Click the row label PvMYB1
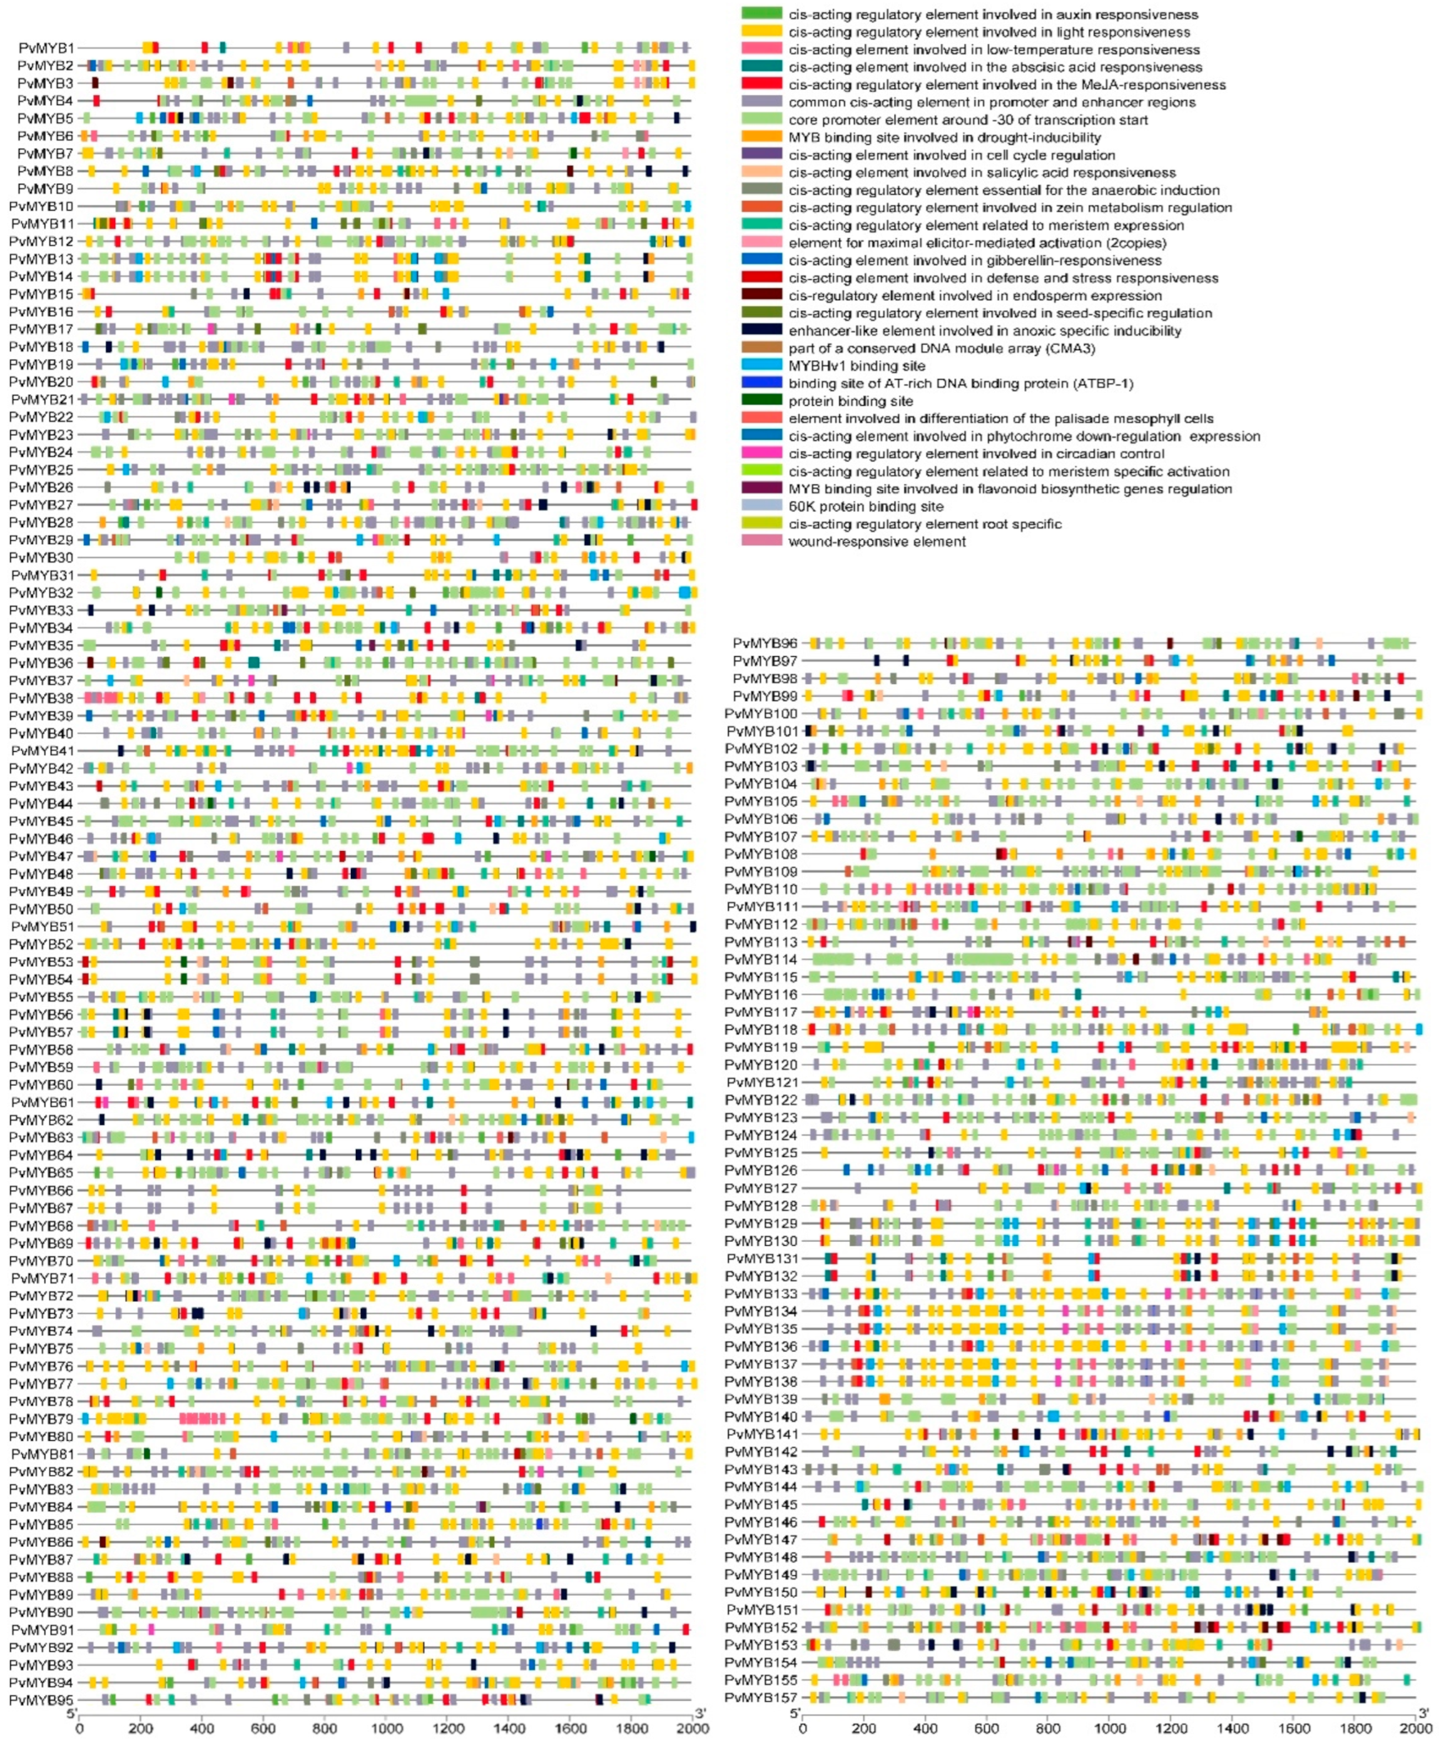46,48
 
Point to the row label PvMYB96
765,643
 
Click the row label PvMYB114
761,959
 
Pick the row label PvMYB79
41,1419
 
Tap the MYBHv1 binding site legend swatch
761,365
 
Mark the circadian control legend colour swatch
761,453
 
